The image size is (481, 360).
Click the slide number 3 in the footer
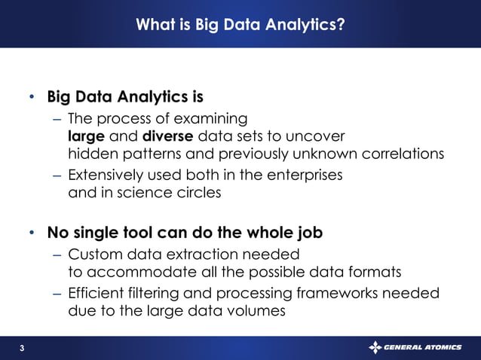pos(22,348)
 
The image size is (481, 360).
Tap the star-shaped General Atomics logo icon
pos(375,347)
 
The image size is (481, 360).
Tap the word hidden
pos(89,154)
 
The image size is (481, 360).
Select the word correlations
pos(400,154)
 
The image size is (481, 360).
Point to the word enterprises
pos(302,174)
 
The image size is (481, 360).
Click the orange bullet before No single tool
pos(32,232)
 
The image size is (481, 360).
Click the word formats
pos(364,271)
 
